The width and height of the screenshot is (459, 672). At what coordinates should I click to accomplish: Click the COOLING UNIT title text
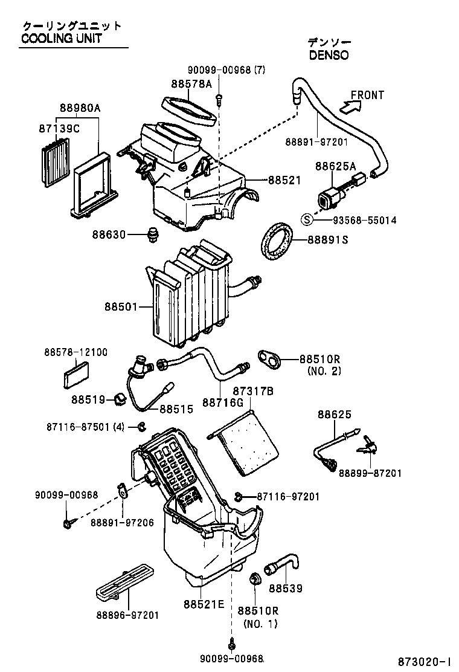(x=62, y=39)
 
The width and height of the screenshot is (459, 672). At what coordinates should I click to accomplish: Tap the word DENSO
(x=329, y=54)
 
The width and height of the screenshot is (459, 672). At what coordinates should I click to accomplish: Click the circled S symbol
(x=307, y=220)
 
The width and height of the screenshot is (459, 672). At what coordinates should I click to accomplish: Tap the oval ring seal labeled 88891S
(x=277, y=241)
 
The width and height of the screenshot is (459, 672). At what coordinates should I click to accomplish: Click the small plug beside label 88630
(x=153, y=234)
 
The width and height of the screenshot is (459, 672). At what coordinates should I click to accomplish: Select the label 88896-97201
(x=127, y=615)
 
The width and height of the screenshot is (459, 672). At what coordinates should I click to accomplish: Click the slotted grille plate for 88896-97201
(x=123, y=581)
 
